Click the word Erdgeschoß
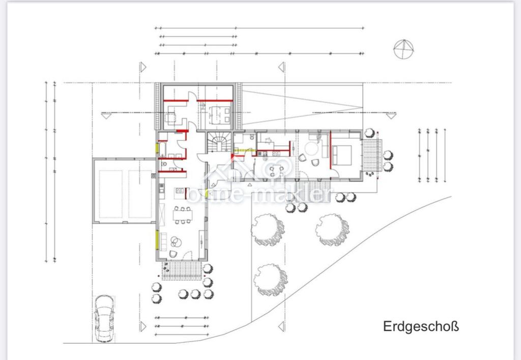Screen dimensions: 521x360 tap(421, 326)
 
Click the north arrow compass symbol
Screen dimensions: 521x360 tap(403, 49)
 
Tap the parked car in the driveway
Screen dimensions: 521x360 tap(104, 318)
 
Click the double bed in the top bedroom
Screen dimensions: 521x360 tap(220, 115)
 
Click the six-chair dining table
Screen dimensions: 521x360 tap(182, 215)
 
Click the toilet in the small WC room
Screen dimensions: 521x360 tap(164, 164)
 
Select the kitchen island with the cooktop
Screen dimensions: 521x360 tap(180, 193)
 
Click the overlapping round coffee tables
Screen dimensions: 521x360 tap(176, 242)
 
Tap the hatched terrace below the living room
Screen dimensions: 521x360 tap(182, 271)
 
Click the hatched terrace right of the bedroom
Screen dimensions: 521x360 tap(372, 156)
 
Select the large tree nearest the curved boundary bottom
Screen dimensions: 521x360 tap(271, 279)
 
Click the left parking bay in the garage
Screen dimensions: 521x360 tap(110, 194)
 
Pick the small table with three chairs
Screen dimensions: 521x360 tap(276, 170)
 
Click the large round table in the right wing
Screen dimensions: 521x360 tap(312, 148)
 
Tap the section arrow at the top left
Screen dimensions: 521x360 tap(143, 67)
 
